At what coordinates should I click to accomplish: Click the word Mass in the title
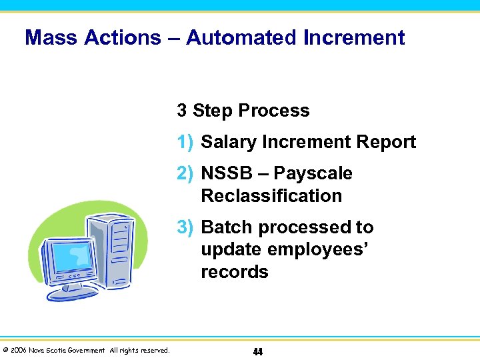point(51,37)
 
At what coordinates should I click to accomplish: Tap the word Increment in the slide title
point(353,37)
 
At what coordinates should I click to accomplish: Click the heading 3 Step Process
point(243,111)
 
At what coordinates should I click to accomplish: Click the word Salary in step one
point(230,142)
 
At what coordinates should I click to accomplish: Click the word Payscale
point(313,173)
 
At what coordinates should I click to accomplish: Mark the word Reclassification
point(271,196)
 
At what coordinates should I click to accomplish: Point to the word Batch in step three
point(227,227)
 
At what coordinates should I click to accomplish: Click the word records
point(234,272)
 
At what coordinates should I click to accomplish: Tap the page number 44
point(257,351)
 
